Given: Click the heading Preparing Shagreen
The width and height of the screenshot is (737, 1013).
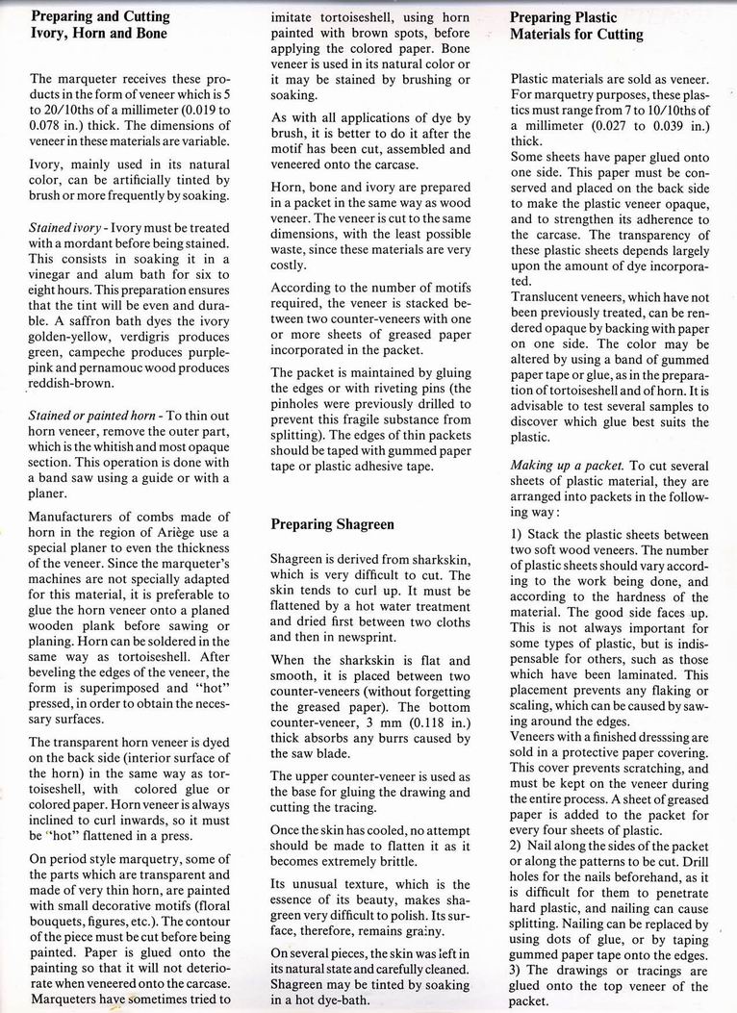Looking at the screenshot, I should (332, 525).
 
